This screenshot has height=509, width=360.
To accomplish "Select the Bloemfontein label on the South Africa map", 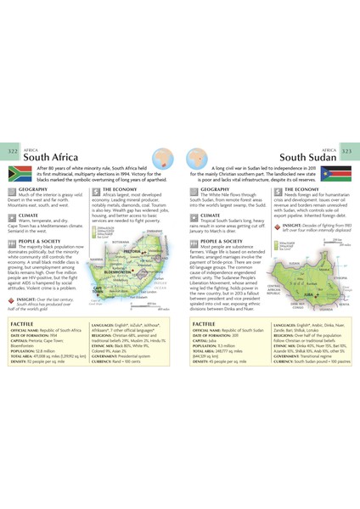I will [x=120, y=272].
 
